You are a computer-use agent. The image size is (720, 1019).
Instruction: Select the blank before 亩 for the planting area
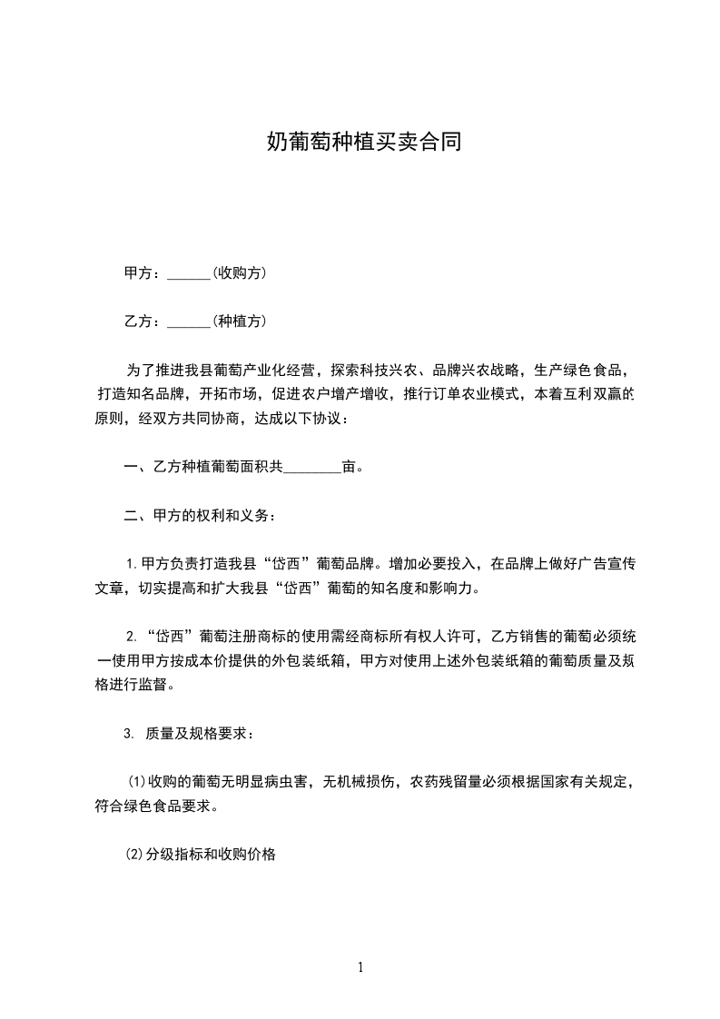coord(312,469)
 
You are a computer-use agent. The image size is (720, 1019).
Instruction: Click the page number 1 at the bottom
coord(360,967)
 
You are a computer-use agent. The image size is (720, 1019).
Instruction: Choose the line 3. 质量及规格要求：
coord(195,734)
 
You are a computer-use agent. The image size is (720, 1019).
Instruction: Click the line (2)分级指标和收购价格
coord(200,855)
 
